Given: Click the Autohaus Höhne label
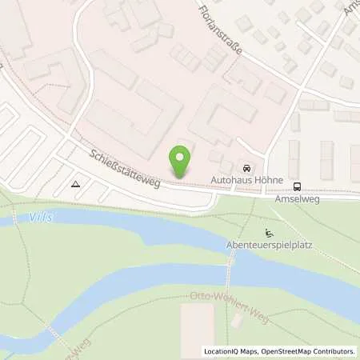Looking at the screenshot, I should (247, 182).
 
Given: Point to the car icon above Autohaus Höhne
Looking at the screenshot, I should (248, 170).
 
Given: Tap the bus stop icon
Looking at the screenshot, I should (298, 186).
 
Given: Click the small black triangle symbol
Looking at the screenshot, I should (74, 183).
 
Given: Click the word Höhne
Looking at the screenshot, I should (266, 182).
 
